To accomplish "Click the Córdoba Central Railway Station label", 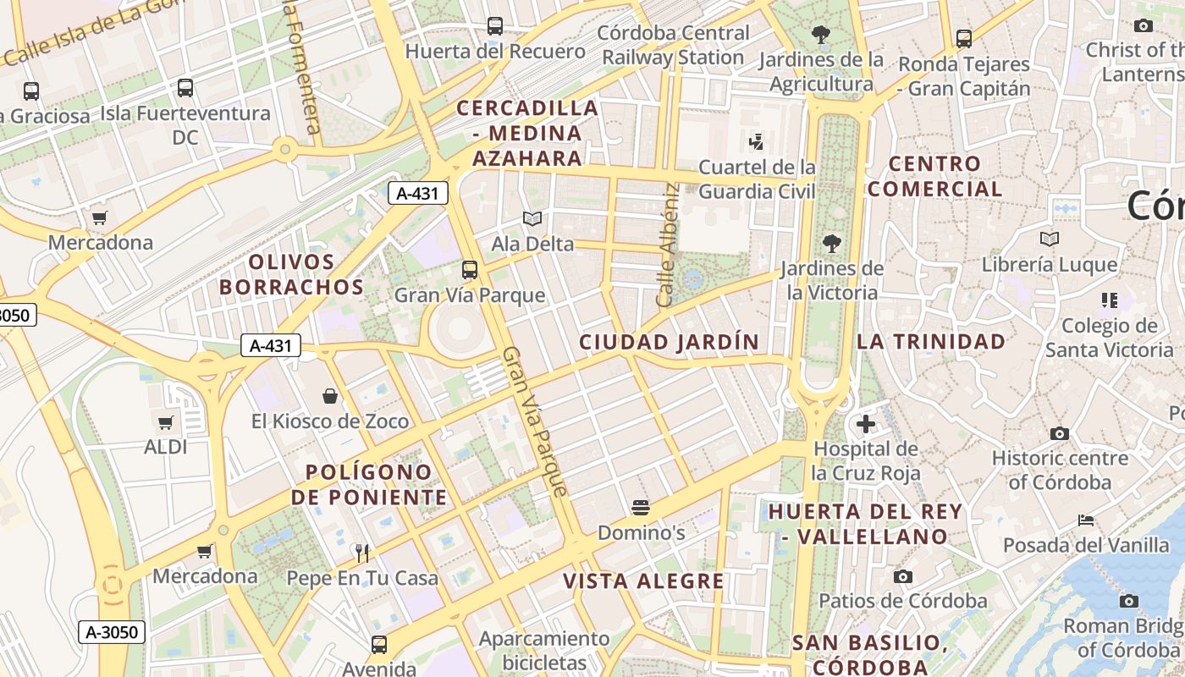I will pos(674,46).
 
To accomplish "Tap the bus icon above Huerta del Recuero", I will pos(495,26).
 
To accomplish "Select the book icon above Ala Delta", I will pos(532,219).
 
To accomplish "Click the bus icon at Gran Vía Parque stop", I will pos(470,270).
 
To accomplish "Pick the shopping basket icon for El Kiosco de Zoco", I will pos(330,395).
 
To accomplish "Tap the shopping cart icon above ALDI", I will pos(166,421).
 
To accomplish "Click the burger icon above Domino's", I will pos(641,508).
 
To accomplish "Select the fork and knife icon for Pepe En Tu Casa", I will pos(362,553).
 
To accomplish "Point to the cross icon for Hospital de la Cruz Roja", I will pos(866,423).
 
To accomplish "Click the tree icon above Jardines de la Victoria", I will pos(832,244).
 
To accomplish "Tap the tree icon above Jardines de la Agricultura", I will pos(820,35).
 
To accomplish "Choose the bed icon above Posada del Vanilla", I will pos(1086,520).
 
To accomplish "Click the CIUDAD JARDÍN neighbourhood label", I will pos(669,342).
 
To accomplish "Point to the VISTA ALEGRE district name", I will pos(644,581).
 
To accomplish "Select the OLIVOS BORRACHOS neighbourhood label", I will pos(292,274).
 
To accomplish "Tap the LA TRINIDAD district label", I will pos(931,342).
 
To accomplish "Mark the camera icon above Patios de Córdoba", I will pos(903,576).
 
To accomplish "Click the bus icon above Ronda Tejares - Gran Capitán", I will pos(964,38).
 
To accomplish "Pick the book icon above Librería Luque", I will pos(1050,239).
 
